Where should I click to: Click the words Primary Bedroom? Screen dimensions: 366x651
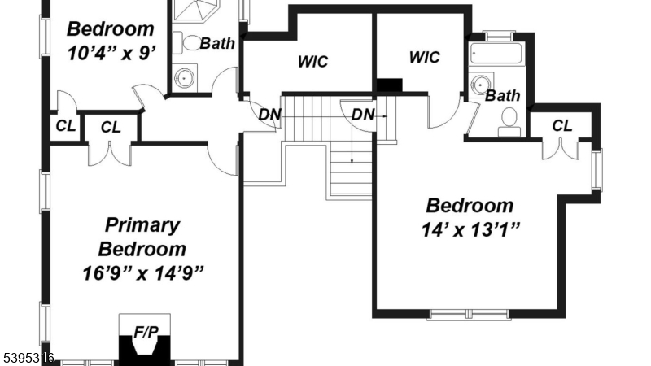(x=142, y=237)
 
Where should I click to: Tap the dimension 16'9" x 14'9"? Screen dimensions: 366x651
(x=142, y=272)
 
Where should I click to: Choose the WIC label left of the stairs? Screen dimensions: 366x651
(x=312, y=62)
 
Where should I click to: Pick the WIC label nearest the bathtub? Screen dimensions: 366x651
(x=424, y=57)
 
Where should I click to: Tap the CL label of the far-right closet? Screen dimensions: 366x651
(x=561, y=125)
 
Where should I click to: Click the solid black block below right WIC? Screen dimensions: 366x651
(x=390, y=85)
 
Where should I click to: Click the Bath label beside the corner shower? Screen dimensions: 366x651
(x=217, y=43)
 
